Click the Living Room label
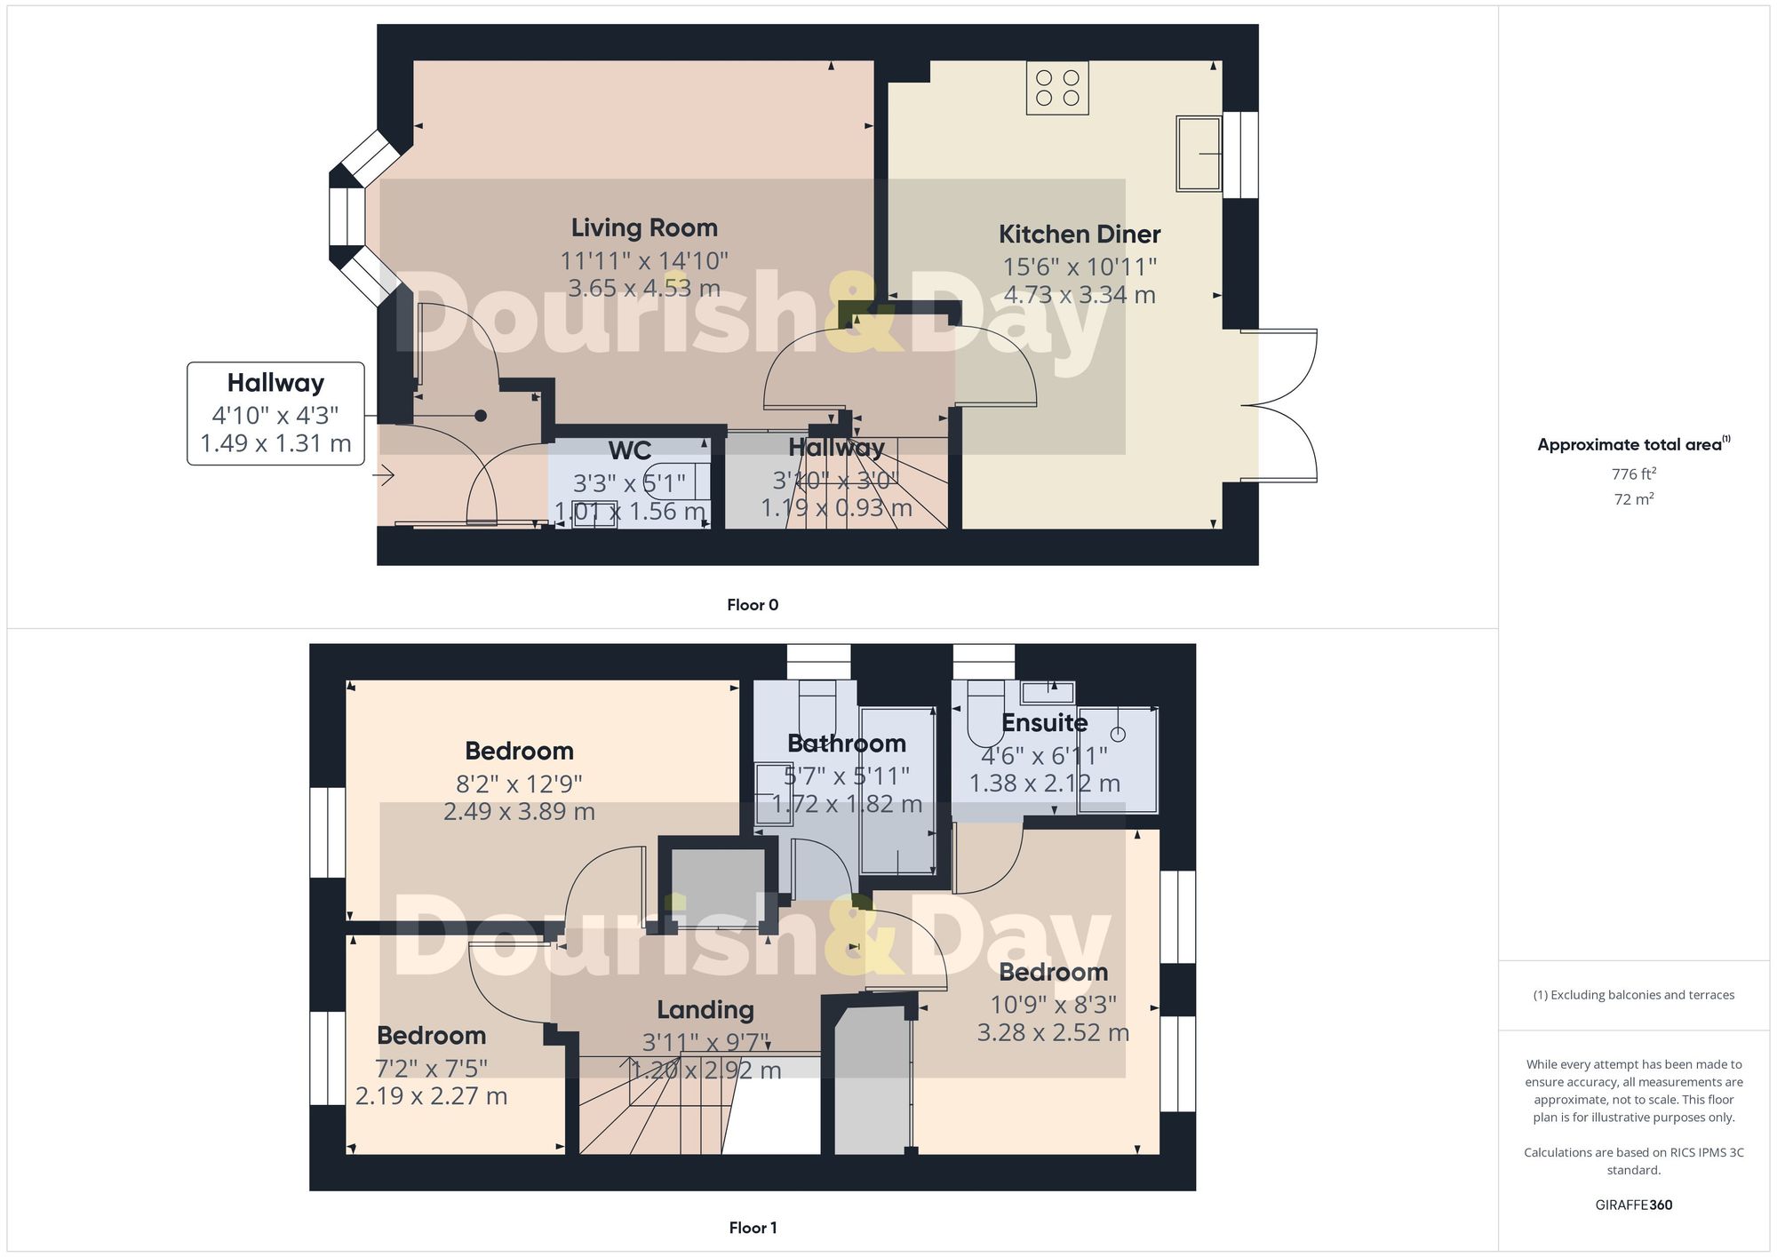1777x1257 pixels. tap(644, 228)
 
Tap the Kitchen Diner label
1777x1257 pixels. tap(1080, 235)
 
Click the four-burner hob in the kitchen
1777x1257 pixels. tap(1057, 88)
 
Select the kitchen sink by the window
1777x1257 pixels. tap(1199, 154)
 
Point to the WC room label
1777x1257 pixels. tap(630, 450)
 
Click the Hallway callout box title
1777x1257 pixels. tap(275, 383)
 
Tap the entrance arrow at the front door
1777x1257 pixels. tap(383, 476)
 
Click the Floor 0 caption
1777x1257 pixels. tap(753, 605)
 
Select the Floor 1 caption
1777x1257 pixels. tap(753, 1228)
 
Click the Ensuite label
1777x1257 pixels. tap(1044, 723)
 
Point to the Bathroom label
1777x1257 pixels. tap(847, 744)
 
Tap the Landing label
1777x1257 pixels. tap(705, 1010)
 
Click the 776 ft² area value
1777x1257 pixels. tap(1634, 474)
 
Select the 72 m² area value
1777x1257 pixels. tap(1634, 499)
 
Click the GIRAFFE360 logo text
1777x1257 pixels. tap(1634, 1205)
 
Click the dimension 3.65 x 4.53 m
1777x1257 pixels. tap(644, 288)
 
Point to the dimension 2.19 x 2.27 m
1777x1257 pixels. tap(431, 1096)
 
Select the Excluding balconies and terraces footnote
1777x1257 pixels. tap(1634, 995)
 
